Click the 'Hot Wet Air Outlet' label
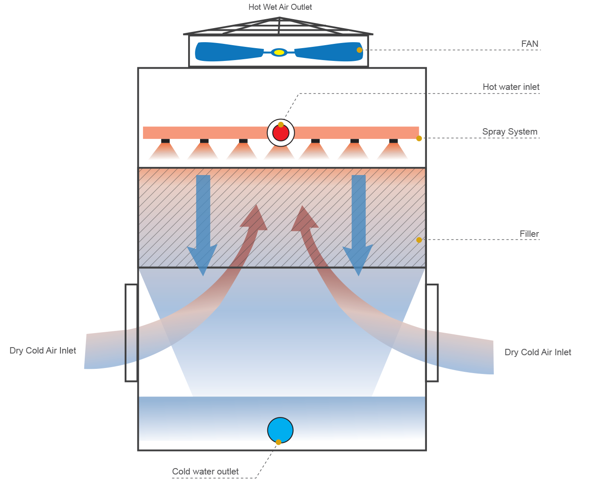280,7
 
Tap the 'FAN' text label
530,44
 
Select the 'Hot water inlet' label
511,87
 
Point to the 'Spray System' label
510,132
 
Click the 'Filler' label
529,234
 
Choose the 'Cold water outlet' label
205,471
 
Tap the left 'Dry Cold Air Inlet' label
43,351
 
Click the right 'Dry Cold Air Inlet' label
538,352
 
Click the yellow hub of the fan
279,52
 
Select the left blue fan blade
229,52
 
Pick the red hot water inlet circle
281,133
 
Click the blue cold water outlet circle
280,430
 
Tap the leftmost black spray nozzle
165,141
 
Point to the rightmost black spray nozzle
393,141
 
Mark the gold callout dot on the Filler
419,240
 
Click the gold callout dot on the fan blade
359,50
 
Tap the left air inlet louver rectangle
131,333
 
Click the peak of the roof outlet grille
280,18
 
